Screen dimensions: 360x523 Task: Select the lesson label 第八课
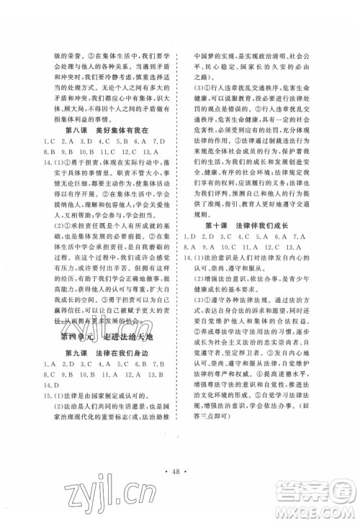(x=78, y=131)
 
